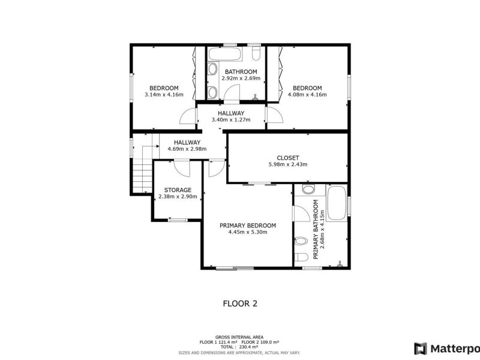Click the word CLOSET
click(x=287, y=158)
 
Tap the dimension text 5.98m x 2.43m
click(x=287, y=164)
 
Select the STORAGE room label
click(x=178, y=190)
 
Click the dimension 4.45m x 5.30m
click(x=248, y=232)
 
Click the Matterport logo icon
click(x=421, y=348)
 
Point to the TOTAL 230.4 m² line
click(x=239, y=347)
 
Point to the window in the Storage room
click(x=177, y=220)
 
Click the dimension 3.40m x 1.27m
click(x=230, y=119)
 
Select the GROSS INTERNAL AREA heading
click(x=239, y=337)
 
